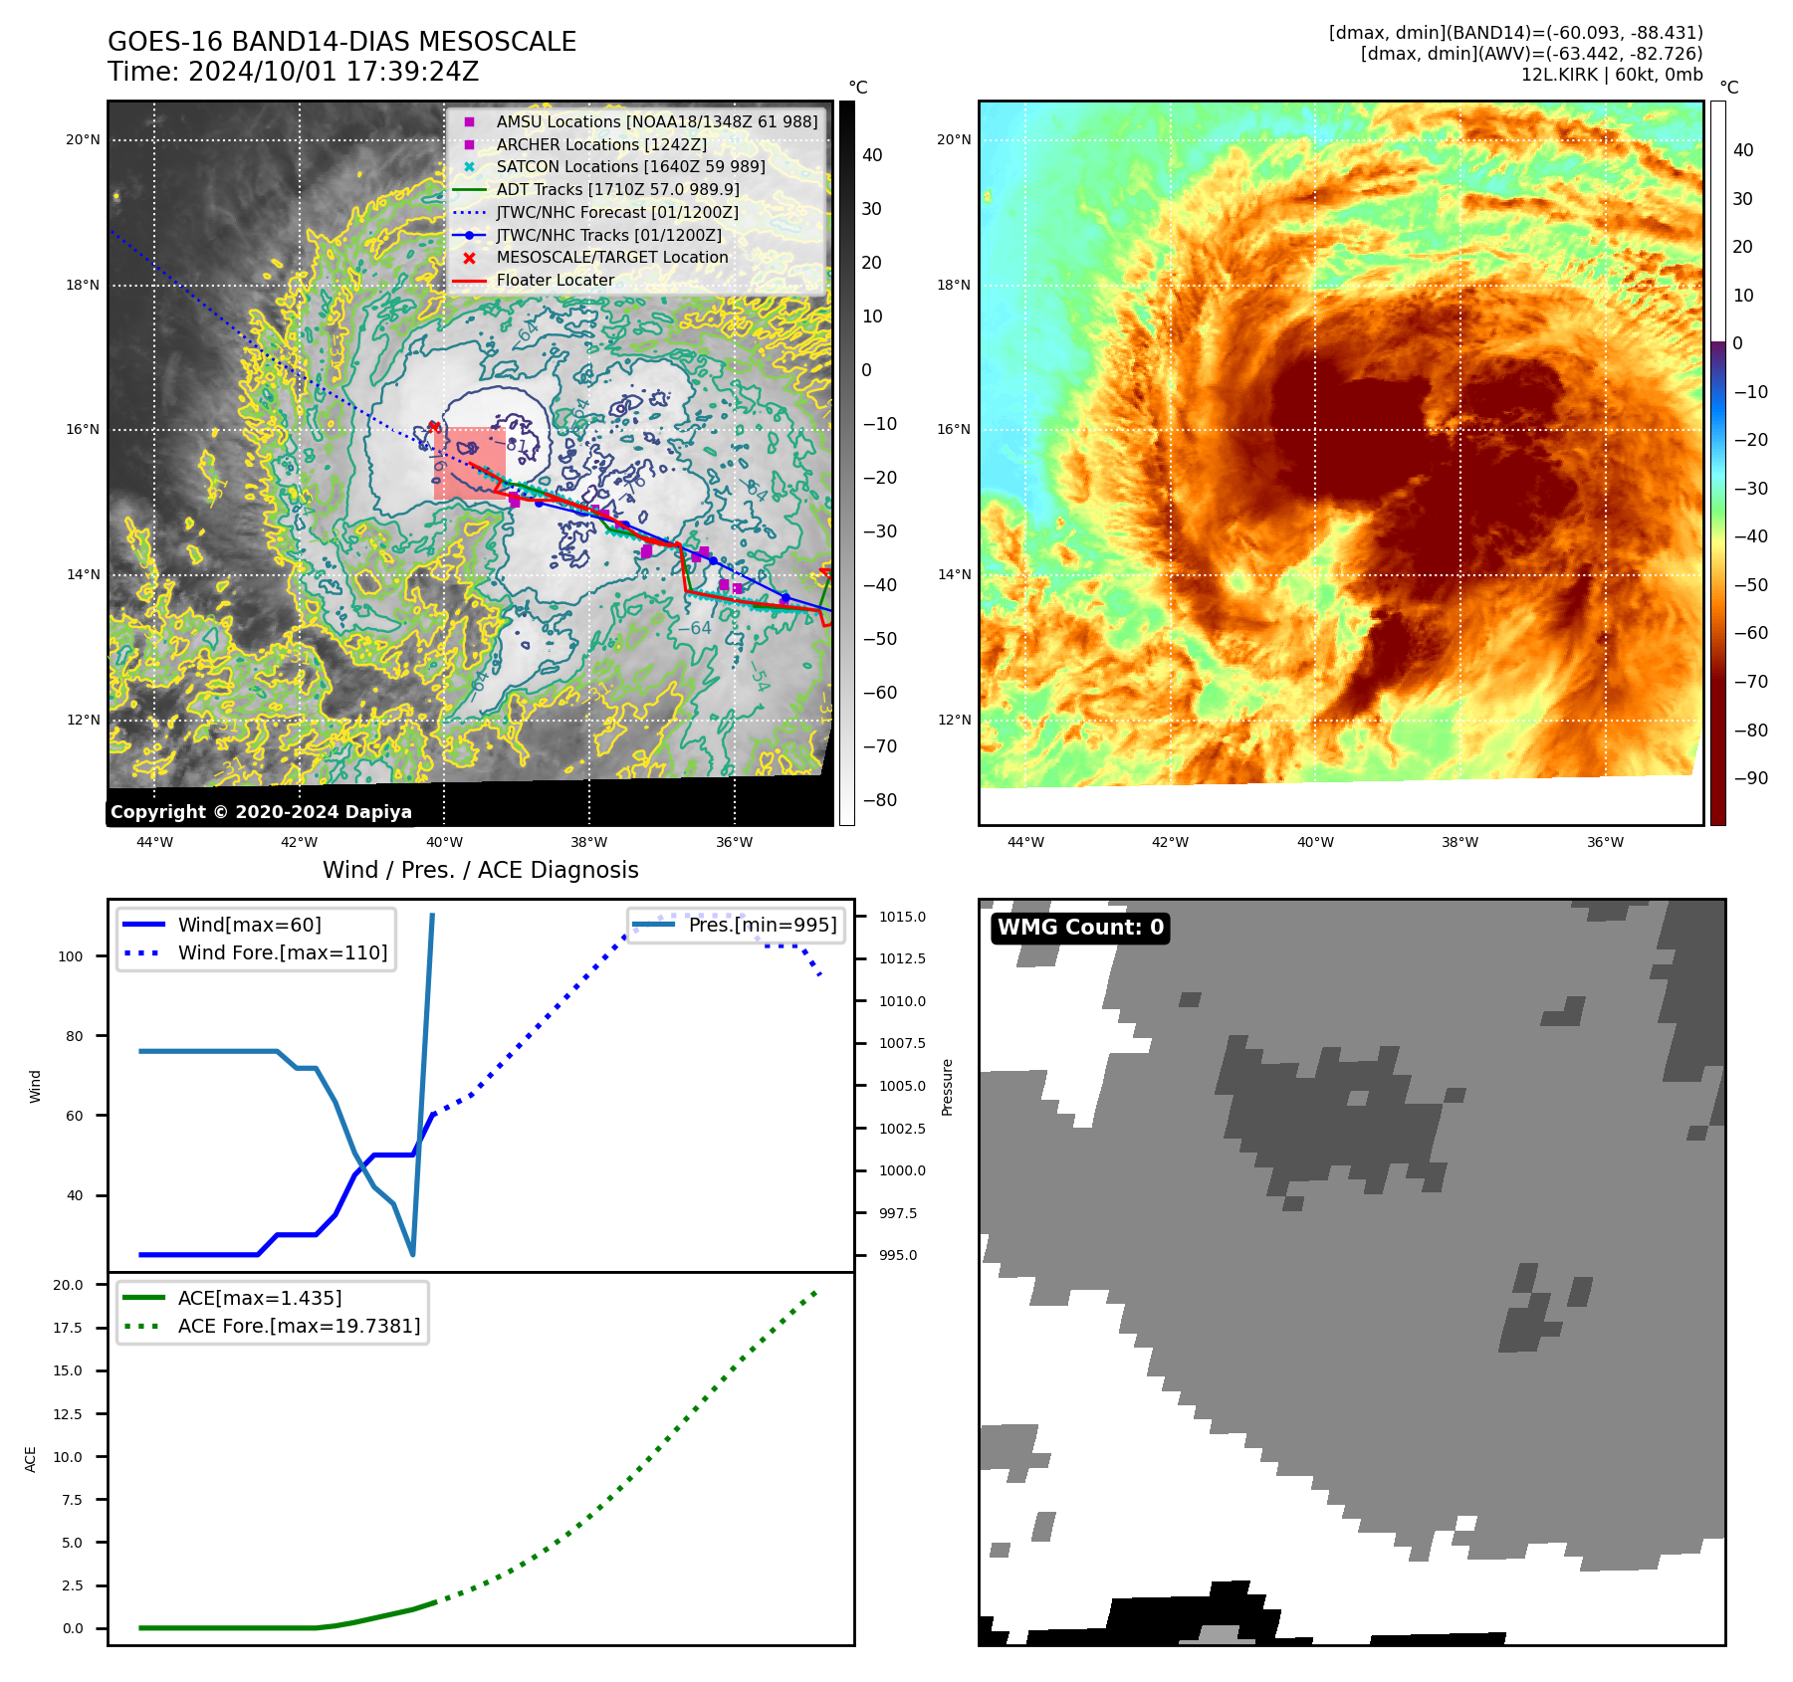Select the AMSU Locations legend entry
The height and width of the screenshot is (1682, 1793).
pyautogui.click(x=656, y=121)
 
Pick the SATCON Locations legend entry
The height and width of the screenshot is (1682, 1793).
pyautogui.click(x=630, y=166)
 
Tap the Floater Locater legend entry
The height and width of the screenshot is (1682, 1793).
pyautogui.click(x=555, y=280)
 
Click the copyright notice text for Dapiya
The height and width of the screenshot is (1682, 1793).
pyautogui.click(x=261, y=812)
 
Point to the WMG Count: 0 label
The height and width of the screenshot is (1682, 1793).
pyautogui.click(x=1080, y=928)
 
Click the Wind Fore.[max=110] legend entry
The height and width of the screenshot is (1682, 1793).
pyautogui.click(x=282, y=952)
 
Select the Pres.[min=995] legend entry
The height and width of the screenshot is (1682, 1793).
pyautogui.click(x=762, y=925)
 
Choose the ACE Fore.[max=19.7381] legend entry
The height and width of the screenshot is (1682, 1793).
pyautogui.click(x=299, y=1326)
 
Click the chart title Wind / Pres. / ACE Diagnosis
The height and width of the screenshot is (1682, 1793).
pyautogui.click(x=481, y=870)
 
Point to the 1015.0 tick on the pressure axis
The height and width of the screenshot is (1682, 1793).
pyautogui.click(x=902, y=917)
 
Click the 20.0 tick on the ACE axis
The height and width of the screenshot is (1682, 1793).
pyautogui.click(x=69, y=1285)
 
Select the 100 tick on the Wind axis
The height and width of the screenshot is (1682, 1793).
pyautogui.click(x=71, y=956)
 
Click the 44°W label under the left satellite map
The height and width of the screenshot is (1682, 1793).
pyautogui.click(x=154, y=842)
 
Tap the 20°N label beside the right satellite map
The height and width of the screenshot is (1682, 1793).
pyautogui.click(x=954, y=139)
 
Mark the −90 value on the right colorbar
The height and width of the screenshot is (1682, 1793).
pyautogui.click(x=1750, y=778)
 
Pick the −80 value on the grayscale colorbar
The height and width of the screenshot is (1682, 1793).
pyautogui.click(x=879, y=800)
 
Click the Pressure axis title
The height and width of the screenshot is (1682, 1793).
pyautogui.click(x=947, y=1087)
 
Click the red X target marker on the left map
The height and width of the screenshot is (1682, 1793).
pyautogui.click(x=434, y=427)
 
